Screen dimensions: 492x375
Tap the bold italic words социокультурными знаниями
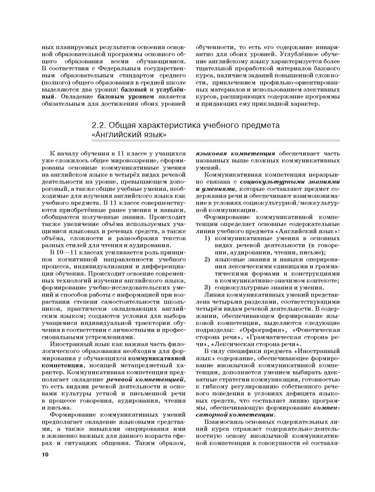tap(296, 182)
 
